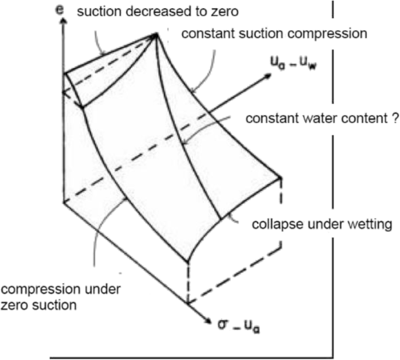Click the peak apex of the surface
(156, 34)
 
